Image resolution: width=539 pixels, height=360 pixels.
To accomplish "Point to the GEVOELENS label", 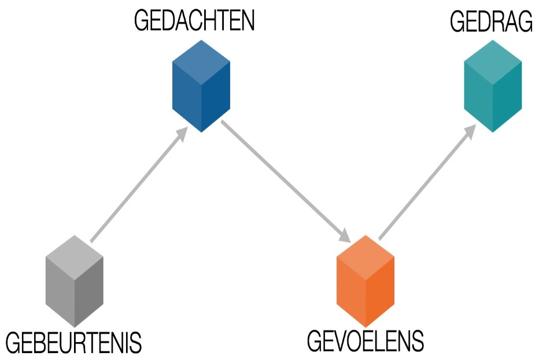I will [x=365, y=341].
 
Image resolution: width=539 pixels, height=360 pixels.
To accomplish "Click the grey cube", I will [x=74, y=281].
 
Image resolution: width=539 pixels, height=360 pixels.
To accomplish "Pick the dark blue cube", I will [x=201, y=86].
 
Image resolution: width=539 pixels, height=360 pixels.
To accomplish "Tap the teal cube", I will [x=493, y=87].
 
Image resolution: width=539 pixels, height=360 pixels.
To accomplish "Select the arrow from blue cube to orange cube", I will [x=283, y=179].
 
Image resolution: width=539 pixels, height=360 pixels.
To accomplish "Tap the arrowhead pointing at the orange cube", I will [x=345, y=236].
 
